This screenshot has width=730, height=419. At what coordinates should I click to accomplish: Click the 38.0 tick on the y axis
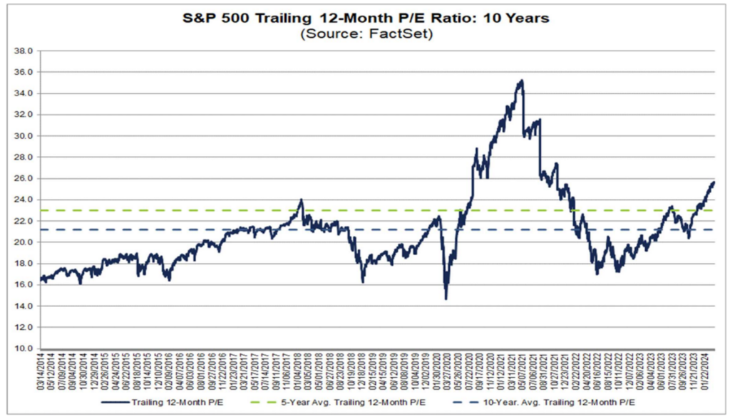pos(23,51)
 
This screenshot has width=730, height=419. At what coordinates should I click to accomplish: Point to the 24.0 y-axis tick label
pos(23,200)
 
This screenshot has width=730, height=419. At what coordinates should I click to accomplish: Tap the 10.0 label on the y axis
pos(23,348)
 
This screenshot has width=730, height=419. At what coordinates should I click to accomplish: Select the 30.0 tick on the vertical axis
pos(23,136)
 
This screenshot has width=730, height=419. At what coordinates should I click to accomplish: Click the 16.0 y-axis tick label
pos(23,285)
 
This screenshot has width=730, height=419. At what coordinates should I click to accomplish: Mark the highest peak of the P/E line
pos(523,81)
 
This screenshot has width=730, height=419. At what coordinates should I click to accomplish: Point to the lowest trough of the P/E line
pos(446,299)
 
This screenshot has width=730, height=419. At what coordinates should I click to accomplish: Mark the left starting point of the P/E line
pos(41,279)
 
